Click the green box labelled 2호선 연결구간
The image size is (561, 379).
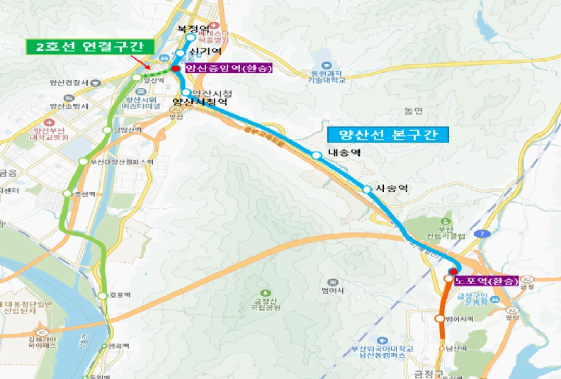pyautogui.click(x=89, y=46)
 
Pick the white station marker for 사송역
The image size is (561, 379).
pyautogui.click(x=366, y=189)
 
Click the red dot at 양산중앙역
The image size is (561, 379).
pyautogui.click(x=176, y=69)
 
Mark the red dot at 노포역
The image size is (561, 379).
pyautogui.click(x=453, y=271)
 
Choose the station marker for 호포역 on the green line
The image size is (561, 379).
pyautogui.click(x=103, y=295)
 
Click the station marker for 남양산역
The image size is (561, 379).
pyautogui.click(x=108, y=130)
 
